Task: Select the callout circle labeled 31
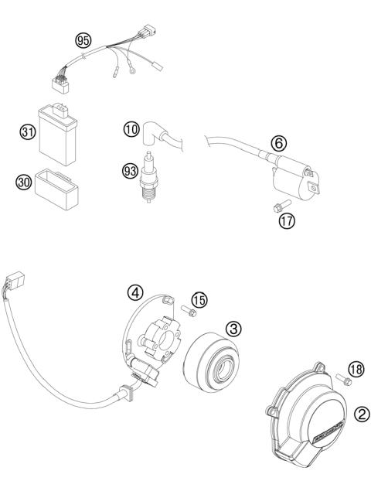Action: click(x=28, y=132)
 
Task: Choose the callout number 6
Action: click(x=280, y=142)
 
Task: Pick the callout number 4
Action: click(x=134, y=293)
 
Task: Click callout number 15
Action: click(x=199, y=300)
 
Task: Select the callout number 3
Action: click(x=232, y=328)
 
